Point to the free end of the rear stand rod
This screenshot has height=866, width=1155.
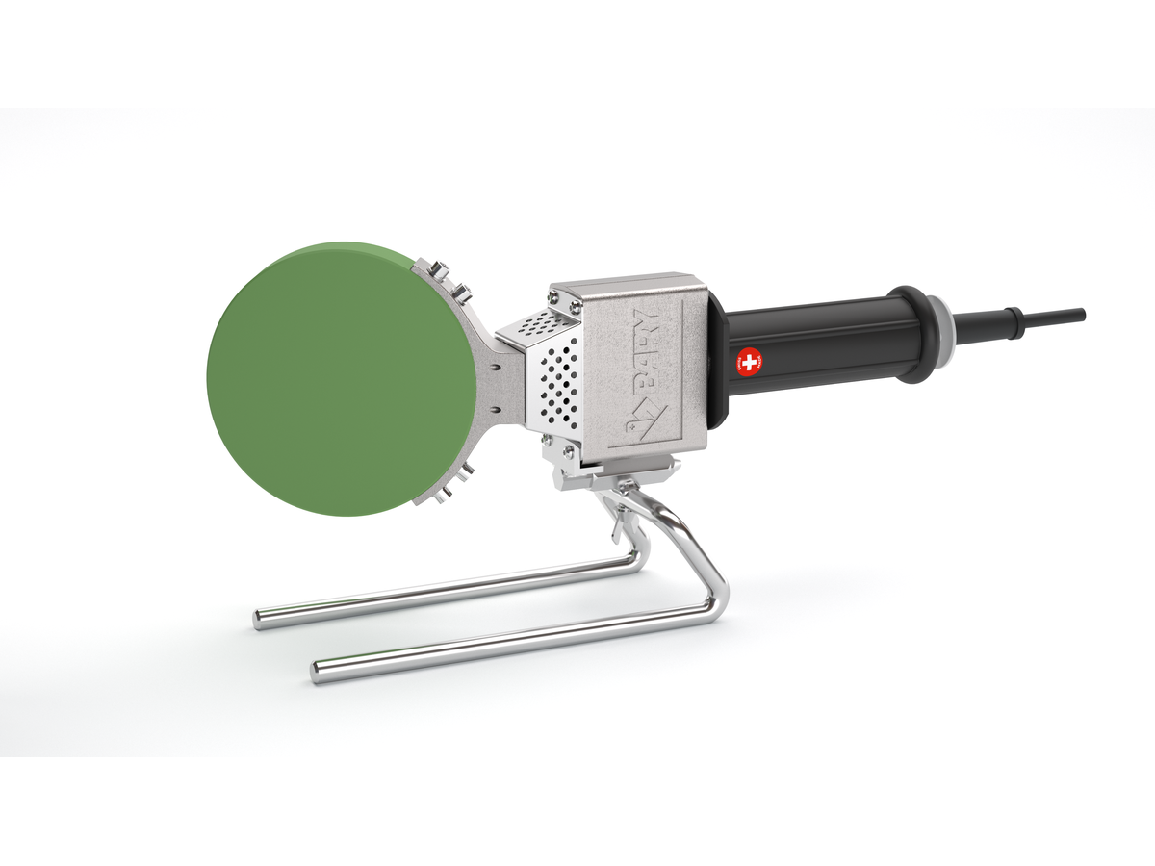[259, 618]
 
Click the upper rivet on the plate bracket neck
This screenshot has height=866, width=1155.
[494, 366]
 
